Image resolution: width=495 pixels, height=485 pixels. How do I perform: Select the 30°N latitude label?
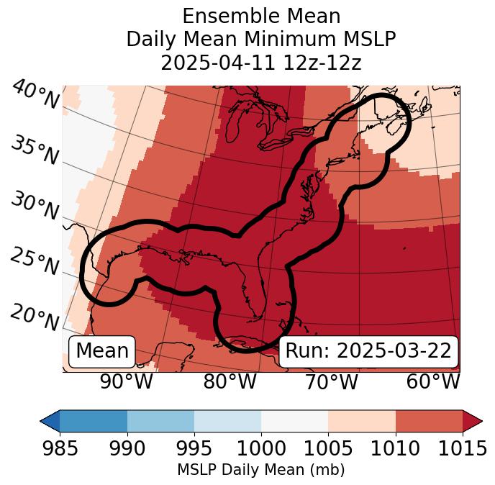pos(34,207)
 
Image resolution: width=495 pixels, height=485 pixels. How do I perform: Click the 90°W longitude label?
pos(126,381)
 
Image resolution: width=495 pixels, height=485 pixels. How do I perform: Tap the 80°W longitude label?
pos(230,381)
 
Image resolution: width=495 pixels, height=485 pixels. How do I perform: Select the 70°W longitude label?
pos(332,381)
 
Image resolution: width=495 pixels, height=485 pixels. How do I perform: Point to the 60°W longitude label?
pos(433,381)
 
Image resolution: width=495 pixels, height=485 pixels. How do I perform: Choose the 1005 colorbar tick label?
pos(328,449)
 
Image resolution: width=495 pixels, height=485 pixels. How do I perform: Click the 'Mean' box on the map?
pos(102,351)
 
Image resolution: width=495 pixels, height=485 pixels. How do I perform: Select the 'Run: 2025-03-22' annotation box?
pos(368,351)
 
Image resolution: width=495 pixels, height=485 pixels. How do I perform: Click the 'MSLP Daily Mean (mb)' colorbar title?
pos(260,471)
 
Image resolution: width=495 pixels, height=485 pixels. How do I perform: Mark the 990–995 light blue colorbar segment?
pos(160,420)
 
